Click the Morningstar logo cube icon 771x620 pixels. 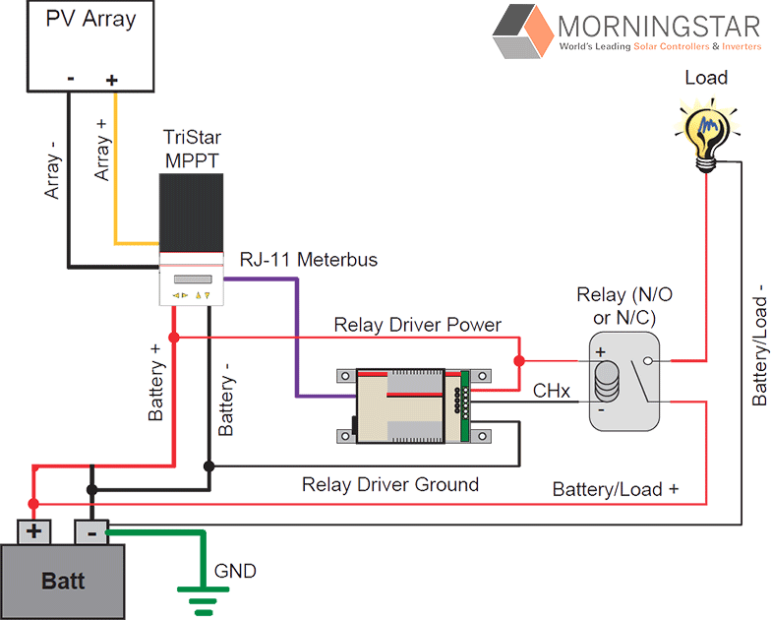[x=522, y=31]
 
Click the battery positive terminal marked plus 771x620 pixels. [x=34, y=532]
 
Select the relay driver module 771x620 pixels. [x=412, y=405]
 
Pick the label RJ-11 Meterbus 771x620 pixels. [x=308, y=260]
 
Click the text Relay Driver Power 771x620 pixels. [x=417, y=325]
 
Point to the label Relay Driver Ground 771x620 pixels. [x=390, y=484]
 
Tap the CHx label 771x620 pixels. [x=552, y=391]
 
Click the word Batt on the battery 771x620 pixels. [x=63, y=580]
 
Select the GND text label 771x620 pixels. [x=235, y=570]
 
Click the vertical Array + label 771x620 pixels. [x=102, y=151]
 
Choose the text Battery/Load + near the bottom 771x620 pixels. [x=616, y=489]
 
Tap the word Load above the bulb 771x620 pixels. [x=705, y=78]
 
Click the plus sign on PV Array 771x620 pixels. [x=111, y=80]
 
